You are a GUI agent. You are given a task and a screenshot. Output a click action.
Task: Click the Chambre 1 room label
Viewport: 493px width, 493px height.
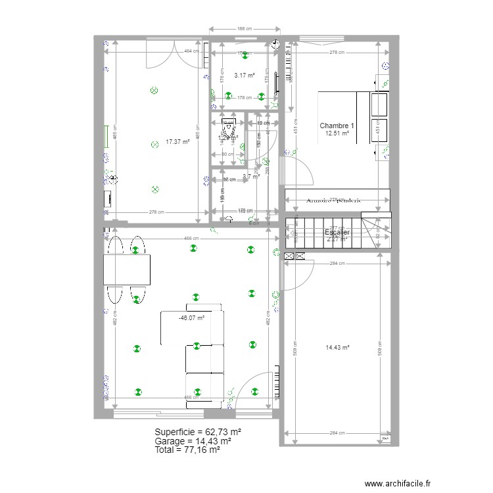click(337, 126)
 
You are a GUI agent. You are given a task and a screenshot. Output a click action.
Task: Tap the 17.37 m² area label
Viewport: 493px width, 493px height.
click(177, 141)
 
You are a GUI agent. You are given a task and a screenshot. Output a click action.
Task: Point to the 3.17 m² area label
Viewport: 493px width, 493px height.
click(244, 76)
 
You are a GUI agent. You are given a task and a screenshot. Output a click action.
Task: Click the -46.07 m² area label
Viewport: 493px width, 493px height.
click(191, 317)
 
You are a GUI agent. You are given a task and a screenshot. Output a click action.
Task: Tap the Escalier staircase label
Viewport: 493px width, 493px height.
click(337, 232)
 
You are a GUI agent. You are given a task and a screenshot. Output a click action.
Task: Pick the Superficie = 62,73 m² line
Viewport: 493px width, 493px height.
click(198, 432)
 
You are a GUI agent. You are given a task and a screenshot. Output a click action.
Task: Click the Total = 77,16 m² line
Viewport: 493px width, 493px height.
click(187, 450)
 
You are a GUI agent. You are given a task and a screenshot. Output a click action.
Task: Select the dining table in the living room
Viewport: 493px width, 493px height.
click(127, 269)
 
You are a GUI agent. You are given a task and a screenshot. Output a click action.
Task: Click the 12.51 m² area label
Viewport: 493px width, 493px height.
click(337, 133)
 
